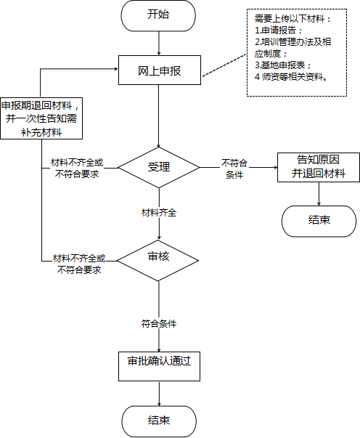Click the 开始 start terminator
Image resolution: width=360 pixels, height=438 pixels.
click(x=158, y=15)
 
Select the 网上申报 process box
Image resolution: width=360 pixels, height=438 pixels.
click(x=160, y=70)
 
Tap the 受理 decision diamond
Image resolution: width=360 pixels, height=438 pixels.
click(x=159, y=168)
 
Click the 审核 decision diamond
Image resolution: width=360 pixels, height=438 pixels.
click(x=158, y=261)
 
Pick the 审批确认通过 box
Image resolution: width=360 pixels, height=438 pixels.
click(x=160, y=366)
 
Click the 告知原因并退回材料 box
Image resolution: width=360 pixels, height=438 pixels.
click(x=319, y=167)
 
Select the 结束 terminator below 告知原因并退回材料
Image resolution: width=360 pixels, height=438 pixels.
click(x=319, y=222)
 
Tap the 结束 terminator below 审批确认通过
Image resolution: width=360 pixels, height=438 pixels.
click(x=159, y=421)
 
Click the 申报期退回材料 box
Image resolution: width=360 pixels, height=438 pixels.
click(x=41, y=118)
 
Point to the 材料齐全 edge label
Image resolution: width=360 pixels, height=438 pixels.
click(x=159, y=213)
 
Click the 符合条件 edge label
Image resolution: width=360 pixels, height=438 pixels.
click(x=159, y=324)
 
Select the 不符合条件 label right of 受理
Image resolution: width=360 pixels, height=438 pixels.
click(x=234, y=169)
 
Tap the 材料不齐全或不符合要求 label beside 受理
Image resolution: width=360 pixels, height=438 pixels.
click(x=77, y=169)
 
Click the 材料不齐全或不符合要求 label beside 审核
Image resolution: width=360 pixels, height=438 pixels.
click(x=79, y=264)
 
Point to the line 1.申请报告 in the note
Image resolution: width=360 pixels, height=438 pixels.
click(x=278, y=31)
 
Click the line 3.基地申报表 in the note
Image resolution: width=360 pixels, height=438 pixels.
click(x=282, y=65)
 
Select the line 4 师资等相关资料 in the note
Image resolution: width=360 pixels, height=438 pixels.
click(x=291, y=76)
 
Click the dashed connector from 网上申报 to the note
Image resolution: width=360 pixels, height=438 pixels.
click(x=224, y=65)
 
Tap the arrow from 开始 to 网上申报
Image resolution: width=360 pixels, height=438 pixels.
click(x=159, y=44)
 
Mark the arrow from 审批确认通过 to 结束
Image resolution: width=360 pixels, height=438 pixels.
click(x=159, y=394)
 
